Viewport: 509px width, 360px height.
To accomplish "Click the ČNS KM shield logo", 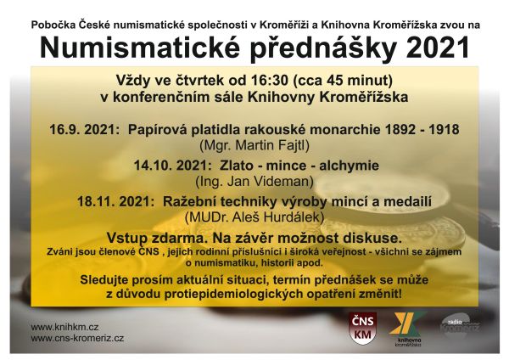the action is [362, 328].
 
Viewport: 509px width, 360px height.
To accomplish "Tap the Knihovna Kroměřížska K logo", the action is [406, 329].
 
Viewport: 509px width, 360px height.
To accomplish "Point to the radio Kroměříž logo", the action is [461, 325].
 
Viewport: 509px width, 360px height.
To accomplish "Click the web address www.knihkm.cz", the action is [64, 327].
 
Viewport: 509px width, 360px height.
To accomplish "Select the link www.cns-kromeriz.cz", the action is [77, 338].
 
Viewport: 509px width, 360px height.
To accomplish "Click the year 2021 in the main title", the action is [437, 48].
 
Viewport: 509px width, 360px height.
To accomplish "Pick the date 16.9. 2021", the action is [82, 130].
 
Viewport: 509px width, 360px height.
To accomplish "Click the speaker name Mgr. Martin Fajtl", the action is [255, 145].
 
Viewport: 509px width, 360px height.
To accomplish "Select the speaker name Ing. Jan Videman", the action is [255, 182].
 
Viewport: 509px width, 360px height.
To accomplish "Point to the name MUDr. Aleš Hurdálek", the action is [255, 217].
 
